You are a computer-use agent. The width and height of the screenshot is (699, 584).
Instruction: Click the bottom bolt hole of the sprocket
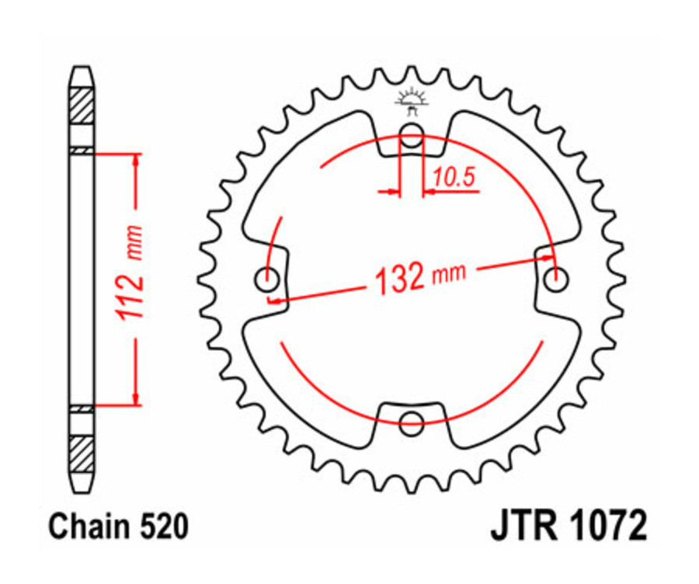tap(412, 424)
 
